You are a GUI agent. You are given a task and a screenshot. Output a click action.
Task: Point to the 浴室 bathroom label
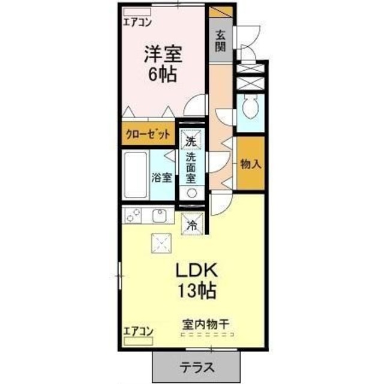pyautogui.click(x=162, y=178)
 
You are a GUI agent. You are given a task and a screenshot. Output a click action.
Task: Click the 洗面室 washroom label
pyautogui.click(x=191, y=167)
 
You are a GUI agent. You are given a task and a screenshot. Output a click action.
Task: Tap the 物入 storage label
pyautogui.click(x=251, y=164)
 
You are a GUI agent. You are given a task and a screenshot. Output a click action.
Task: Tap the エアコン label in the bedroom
pyautogui.click(x=138, y=23)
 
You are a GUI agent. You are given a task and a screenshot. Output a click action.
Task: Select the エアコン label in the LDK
pyautogui.click(x=139, y=331)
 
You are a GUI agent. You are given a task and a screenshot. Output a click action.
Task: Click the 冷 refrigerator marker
pyautogui.click(x=193, y=226)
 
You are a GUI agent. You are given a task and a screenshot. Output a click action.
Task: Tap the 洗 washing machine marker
pyautogui.click(x=191, y=142)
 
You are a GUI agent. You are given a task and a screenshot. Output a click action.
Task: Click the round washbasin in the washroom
pyautogui.click(x=192, y=193)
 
